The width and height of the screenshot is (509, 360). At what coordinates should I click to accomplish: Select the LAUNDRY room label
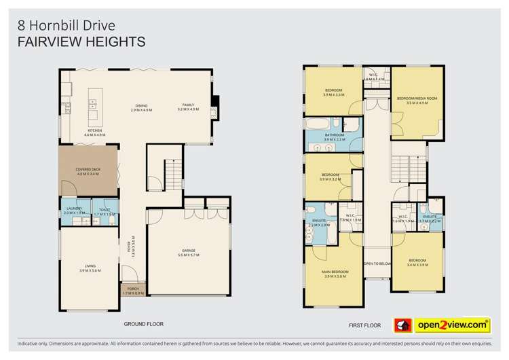pyautogui.click(x=74, y=209)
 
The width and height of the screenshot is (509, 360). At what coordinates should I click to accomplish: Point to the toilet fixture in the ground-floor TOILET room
pyautogui.click(x=113, y=204)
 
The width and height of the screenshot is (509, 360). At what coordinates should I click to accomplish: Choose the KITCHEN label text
pyautogui.click(x=94, y=130)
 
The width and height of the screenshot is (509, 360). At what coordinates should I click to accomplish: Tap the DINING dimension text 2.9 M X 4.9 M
pyautogui.click(x=142, y=110)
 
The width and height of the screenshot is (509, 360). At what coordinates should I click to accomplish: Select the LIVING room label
pyautogui.click(x=90, y=266)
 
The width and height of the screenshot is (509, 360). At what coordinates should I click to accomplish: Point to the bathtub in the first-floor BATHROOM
pyautogui.click(x=316, y=125)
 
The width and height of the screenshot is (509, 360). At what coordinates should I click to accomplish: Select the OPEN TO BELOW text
pyautogui.click(x=378, y=263)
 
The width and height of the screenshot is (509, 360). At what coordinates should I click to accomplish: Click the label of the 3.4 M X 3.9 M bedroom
pyautogui.click(x=417, y=260)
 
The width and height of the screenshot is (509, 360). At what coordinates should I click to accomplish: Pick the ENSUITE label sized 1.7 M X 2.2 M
pyautogui.click(x=430, y=217)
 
